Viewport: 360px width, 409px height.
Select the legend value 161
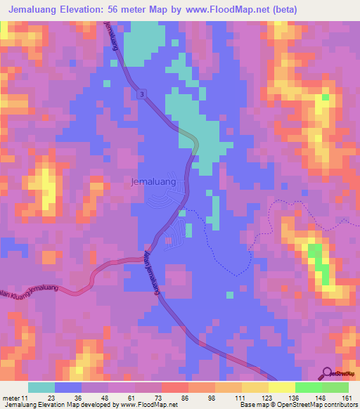click(x=345, y=397)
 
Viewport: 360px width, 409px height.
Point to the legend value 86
click(x=185, y=397)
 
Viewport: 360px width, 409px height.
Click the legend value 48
click(x=105, y=397)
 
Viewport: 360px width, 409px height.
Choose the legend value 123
click(x=266, y=397)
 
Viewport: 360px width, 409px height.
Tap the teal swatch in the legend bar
click(x=41, y=387)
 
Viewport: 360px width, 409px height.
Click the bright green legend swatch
click(x=309, y=387)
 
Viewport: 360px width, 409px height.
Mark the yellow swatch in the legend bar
click(x=282, y=387)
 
